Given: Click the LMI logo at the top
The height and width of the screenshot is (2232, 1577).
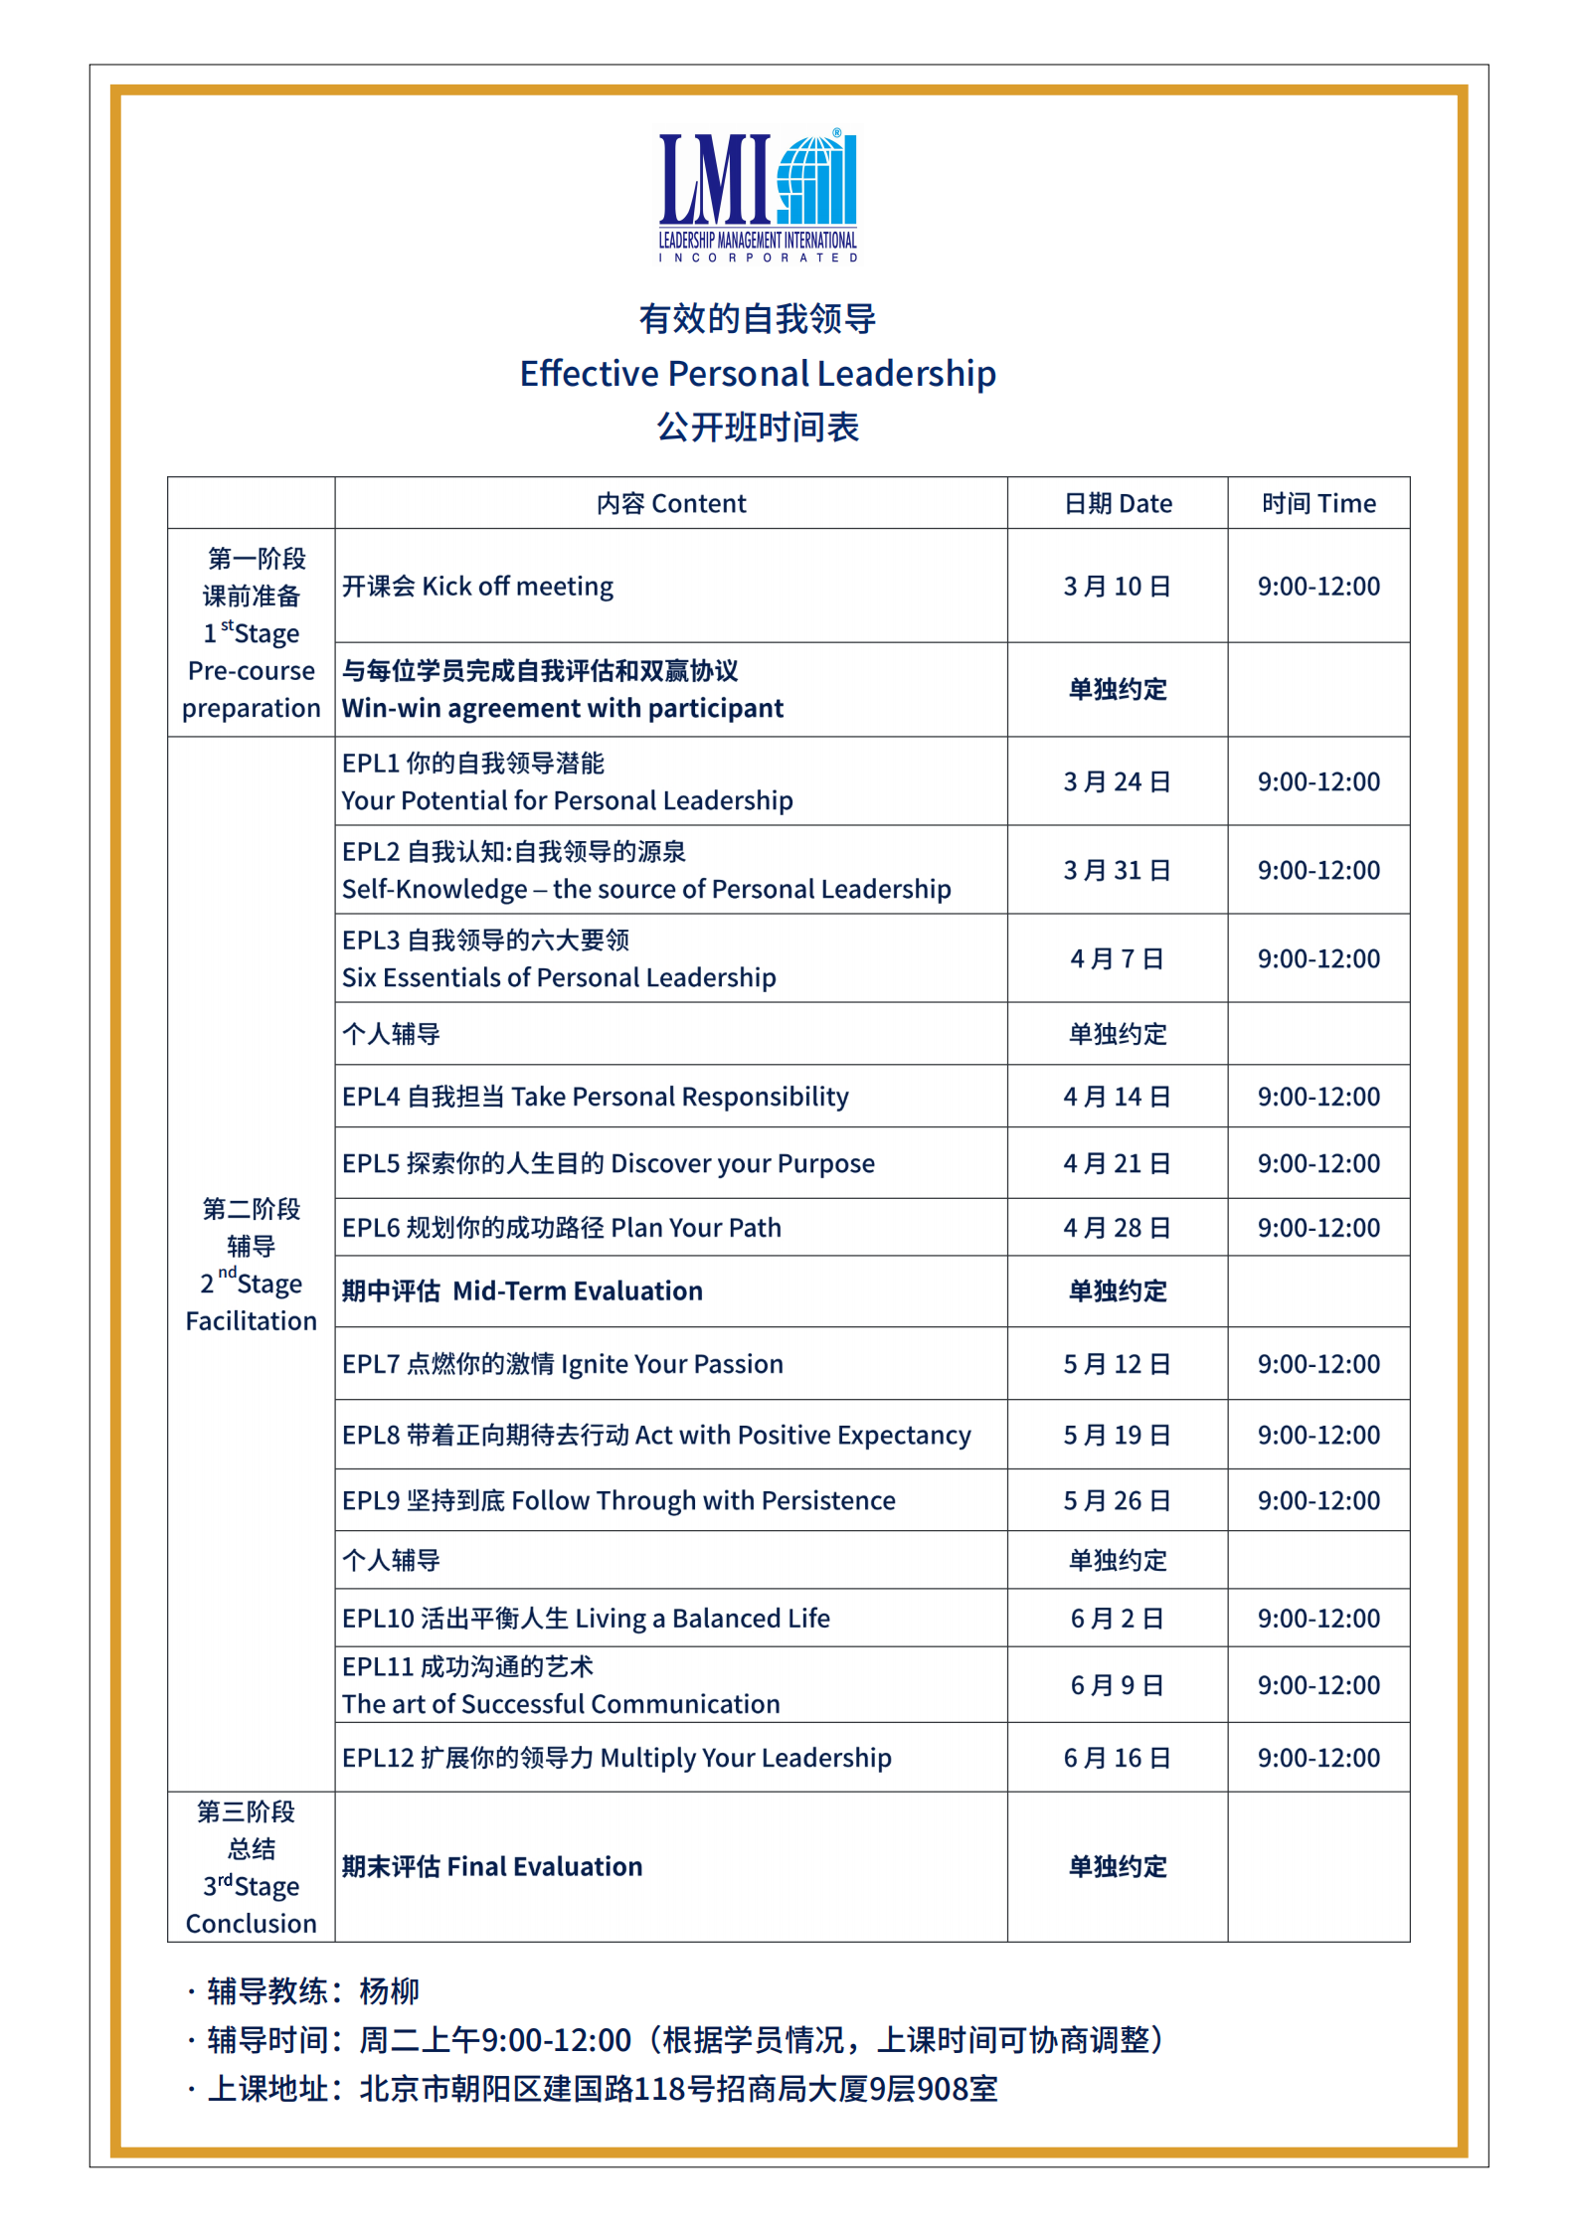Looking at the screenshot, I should (758, 195).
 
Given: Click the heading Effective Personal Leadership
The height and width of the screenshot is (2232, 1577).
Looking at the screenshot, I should (758, 374).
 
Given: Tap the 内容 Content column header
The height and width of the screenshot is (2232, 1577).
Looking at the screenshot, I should (671, 504).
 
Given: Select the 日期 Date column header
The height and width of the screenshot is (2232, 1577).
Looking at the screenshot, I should (1118, 504).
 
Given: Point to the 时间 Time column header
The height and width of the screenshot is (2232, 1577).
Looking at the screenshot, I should (1318, 504).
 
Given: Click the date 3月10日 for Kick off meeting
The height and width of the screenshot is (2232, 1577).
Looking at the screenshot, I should (1118, 587).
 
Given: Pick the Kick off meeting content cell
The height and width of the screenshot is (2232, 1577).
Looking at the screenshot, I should (478, 587).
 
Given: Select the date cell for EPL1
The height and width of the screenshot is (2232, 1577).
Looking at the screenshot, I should (1118, 782).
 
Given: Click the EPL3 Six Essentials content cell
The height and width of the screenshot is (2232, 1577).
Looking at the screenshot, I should (559, 959).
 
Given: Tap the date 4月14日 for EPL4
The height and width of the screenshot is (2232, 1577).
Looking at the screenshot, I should (1118, 1097).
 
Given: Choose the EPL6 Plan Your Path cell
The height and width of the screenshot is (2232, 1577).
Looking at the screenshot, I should (562, 1228).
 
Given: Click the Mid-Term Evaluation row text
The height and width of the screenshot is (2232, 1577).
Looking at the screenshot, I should (523, 1291).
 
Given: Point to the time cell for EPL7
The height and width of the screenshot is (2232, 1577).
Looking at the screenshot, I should (1318, 1364).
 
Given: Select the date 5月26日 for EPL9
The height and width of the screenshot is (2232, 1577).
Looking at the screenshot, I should (1118, 1500).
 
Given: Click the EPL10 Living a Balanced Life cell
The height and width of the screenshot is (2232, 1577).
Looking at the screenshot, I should (586, 1619).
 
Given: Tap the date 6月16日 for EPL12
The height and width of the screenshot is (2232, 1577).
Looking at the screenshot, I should (1118, 1758).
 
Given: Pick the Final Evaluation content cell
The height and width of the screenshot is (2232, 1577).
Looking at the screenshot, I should (492, 1867).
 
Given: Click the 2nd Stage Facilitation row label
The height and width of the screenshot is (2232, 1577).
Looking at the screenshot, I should (252, 1265).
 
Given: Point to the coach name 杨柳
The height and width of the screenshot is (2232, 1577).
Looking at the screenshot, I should (389, 1991).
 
